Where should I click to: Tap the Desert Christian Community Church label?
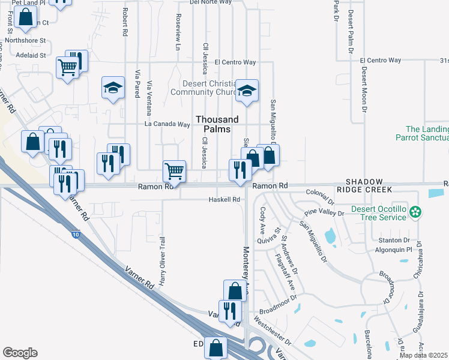(x=200, y=88)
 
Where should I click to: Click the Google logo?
(x=20, y=353)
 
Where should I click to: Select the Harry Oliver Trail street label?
(x=162, y=260)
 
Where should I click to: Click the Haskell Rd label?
(x=224, y=199)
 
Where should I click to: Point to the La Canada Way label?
(x=167, y=124)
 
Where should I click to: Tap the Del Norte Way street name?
(x=210, y=2)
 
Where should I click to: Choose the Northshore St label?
(x=25, y=41)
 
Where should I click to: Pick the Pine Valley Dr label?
(x=324, y=213)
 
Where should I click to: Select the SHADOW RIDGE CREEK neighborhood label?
(x=369, y=185)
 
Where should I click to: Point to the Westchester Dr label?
(x=272, y=330)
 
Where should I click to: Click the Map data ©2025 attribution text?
(x=424, y=355)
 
